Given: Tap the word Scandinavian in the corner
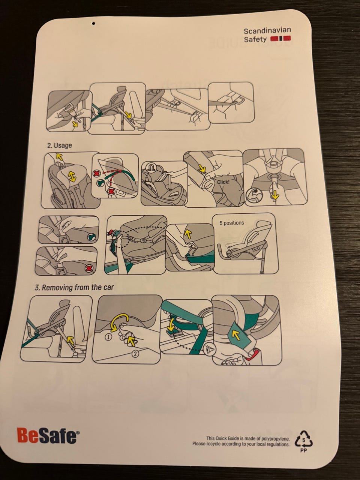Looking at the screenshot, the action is point(267,31).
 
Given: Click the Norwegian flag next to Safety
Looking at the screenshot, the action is point(280,39).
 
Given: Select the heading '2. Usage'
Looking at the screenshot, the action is point(60,145).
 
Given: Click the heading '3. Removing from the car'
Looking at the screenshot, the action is point(74,287).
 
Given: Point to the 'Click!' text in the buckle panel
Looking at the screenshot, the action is point(223,182).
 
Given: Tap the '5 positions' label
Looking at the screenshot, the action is point(232,223).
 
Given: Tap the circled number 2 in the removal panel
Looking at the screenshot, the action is point(135,354).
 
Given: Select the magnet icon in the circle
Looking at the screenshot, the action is point(152,168).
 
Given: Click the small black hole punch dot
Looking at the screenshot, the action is point(94,23).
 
